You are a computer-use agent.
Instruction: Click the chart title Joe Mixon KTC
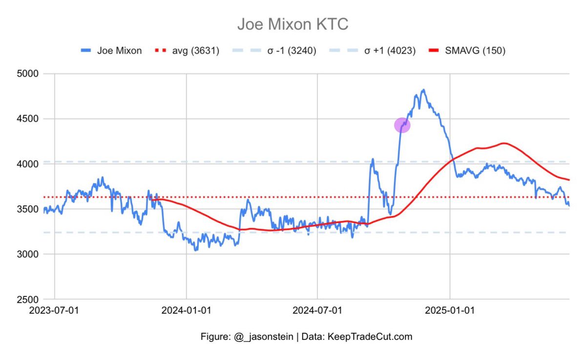click(293, 24)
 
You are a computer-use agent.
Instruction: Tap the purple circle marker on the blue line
click(402, 125)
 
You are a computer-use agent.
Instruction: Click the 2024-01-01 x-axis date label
click(186, 310)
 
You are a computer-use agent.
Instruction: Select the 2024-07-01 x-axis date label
click(318, 310)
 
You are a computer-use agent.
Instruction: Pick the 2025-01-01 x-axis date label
click(450, 310)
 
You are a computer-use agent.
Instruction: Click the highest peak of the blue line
click(423, 90)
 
